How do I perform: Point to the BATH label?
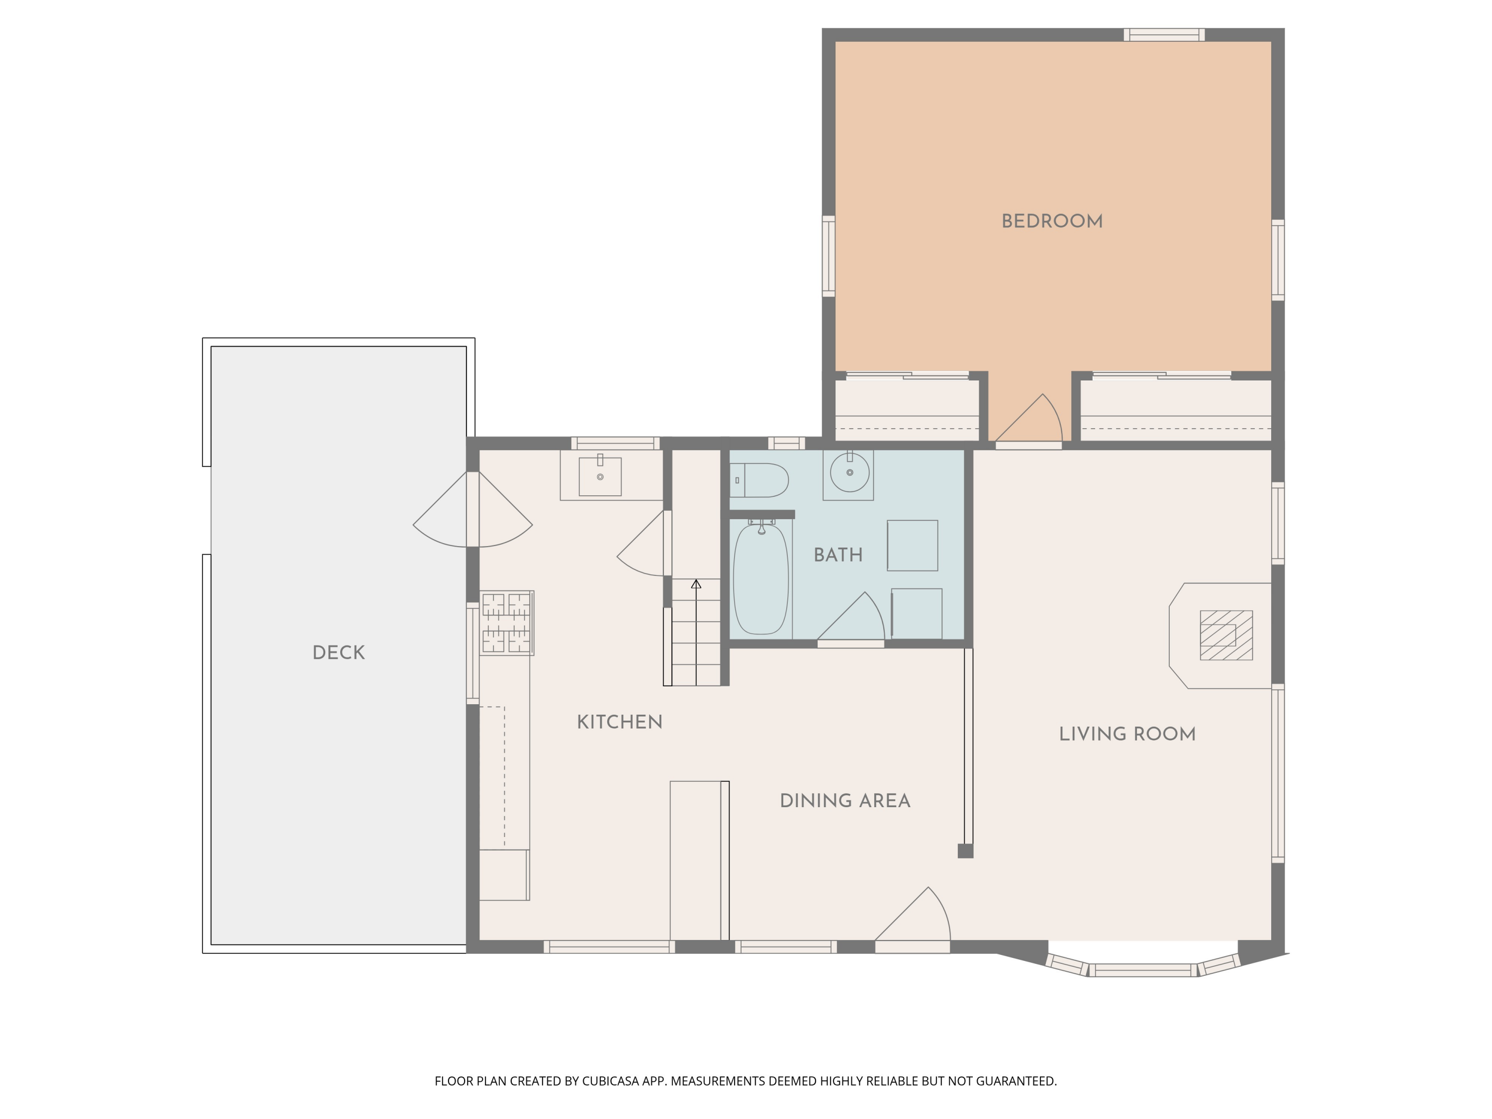pos(838,555)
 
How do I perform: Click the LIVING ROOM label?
pos(1127,734)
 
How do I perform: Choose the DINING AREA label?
pos(844,801)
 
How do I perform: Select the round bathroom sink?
pos(849,472)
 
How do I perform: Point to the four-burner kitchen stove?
pos(507,623)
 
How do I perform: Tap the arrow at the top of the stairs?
pos(696,584)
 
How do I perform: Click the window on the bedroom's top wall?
pos(1164,34)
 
